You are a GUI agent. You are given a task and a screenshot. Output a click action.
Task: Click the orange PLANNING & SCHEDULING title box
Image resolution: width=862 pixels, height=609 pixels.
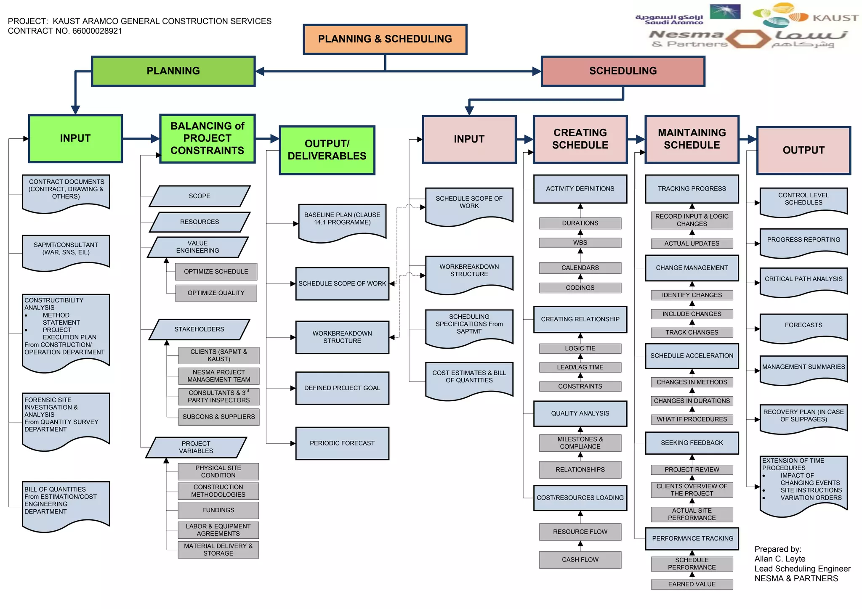[x=385, y=39]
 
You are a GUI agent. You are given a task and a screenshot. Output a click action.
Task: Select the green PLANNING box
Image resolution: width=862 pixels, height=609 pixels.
[x=173, y=71]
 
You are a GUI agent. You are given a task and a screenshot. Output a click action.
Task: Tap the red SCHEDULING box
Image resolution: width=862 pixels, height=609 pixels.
[x=623, y=71]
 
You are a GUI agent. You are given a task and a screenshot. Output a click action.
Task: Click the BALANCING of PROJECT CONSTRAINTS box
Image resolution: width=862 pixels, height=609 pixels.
[x=207, y=138]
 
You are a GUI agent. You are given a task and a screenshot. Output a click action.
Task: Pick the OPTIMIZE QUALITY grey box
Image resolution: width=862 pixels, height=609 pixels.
[x=216, y=293]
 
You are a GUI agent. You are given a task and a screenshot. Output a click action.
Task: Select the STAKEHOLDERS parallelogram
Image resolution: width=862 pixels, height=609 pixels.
[x=199, y=329]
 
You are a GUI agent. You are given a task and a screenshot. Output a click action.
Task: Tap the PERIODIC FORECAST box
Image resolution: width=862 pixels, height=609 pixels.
[x=342, y=443]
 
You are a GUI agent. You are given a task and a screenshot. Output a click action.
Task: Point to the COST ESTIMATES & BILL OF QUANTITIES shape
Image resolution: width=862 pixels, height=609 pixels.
[x=469, y=378]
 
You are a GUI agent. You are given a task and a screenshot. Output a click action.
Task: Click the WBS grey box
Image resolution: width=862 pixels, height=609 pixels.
[x=580, y=243]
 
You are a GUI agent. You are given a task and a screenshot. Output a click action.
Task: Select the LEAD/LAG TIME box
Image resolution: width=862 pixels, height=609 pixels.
[x=580, y=367]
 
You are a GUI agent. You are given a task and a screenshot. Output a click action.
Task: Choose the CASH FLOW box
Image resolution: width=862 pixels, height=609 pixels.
[x=580, y=559]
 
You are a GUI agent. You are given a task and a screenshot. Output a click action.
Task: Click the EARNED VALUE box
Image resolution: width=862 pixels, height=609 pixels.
[x=692, y=584]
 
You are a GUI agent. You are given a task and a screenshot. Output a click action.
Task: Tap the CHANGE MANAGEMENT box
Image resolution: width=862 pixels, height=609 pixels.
[x=692, y=268]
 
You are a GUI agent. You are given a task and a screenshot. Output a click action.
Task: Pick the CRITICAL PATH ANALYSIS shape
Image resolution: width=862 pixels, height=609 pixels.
[x=803, y=280]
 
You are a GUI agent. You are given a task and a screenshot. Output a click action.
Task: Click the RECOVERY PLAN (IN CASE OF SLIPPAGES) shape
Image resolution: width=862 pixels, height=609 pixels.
[x=803, y=416]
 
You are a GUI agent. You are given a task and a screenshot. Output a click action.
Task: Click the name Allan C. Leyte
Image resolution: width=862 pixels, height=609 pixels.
[x=780, y=559]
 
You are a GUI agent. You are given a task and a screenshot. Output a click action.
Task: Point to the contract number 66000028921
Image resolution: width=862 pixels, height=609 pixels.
[x=97, y=31]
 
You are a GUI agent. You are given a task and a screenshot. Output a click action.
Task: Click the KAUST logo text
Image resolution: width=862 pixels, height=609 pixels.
[x=835, y=18]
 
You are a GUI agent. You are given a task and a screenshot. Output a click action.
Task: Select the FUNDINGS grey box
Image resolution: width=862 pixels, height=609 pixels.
[x=218, y=510]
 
